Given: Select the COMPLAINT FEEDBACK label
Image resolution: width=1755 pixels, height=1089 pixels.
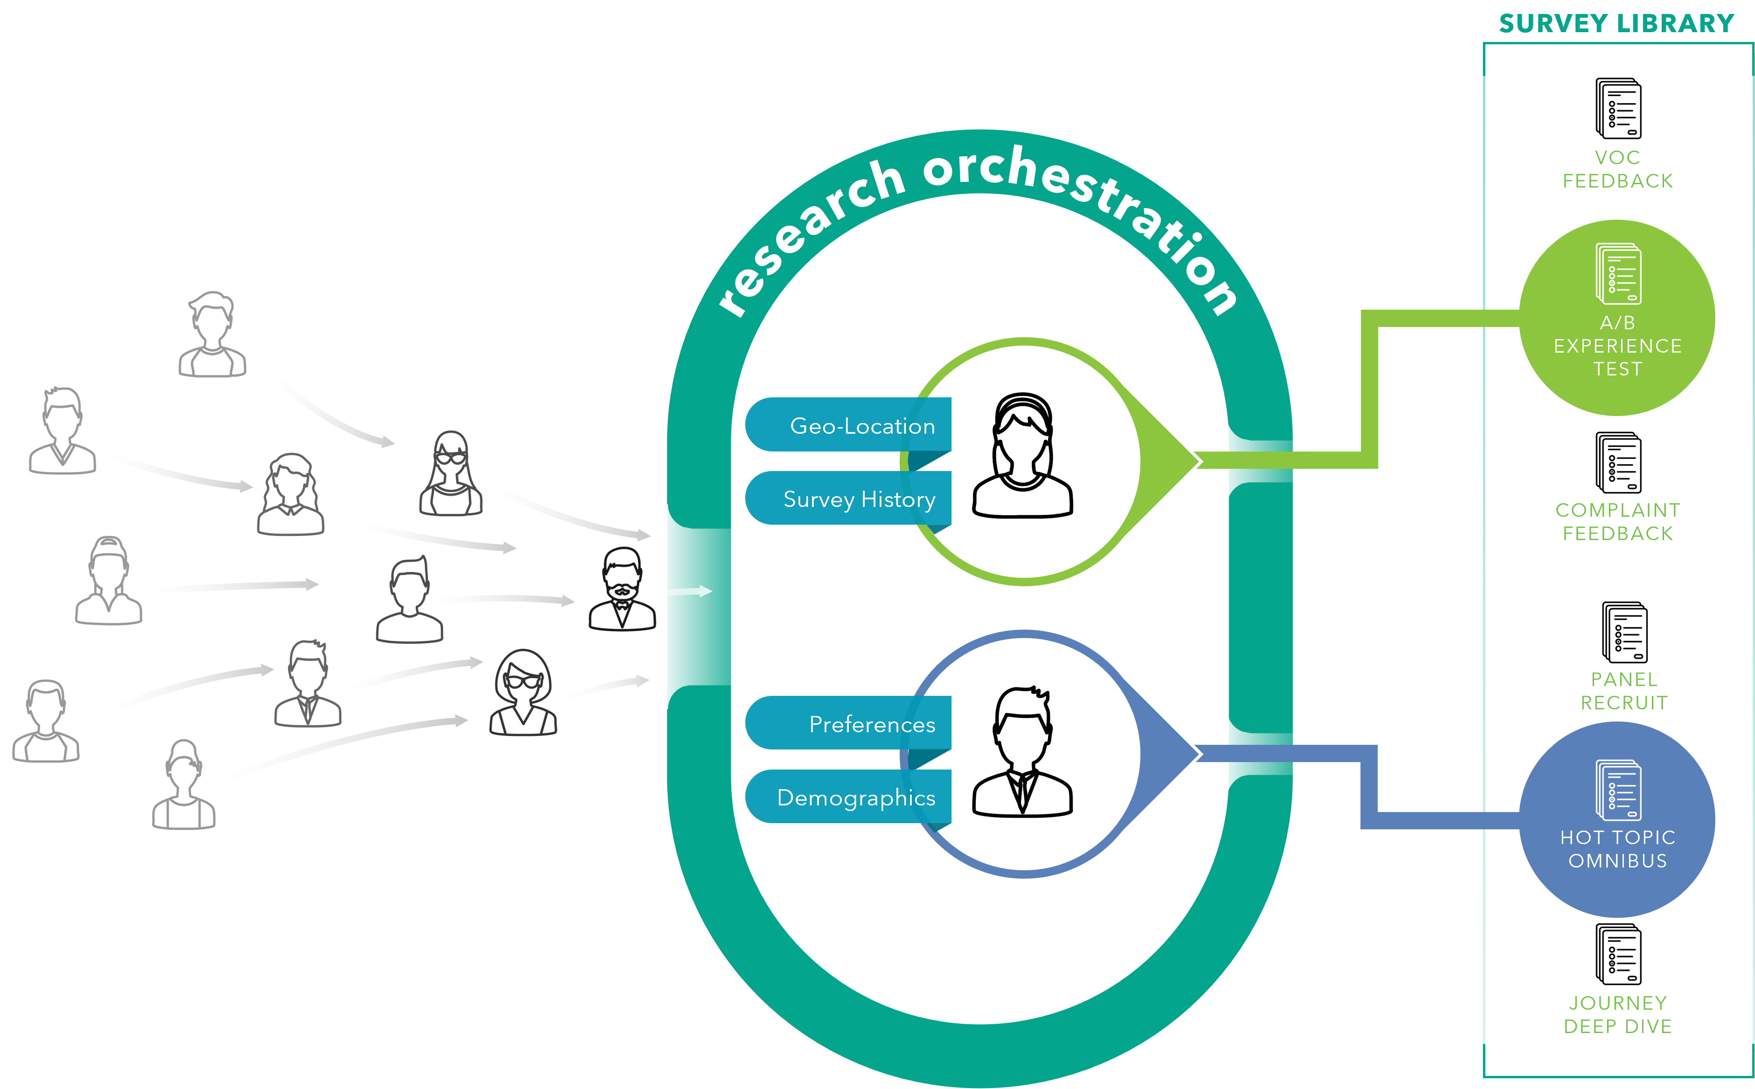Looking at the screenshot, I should (1617, 521).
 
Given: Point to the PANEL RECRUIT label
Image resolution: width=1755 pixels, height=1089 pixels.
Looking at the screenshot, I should (1624, 691).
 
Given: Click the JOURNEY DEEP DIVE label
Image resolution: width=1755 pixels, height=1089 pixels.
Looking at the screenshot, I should (1617, 1014).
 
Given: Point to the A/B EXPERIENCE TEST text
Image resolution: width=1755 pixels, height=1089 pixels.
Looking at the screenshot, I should (1617, 346).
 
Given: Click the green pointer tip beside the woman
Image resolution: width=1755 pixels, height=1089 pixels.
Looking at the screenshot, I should (1182, 461).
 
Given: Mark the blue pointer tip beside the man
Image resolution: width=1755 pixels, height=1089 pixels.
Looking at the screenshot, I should (1182, 753).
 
